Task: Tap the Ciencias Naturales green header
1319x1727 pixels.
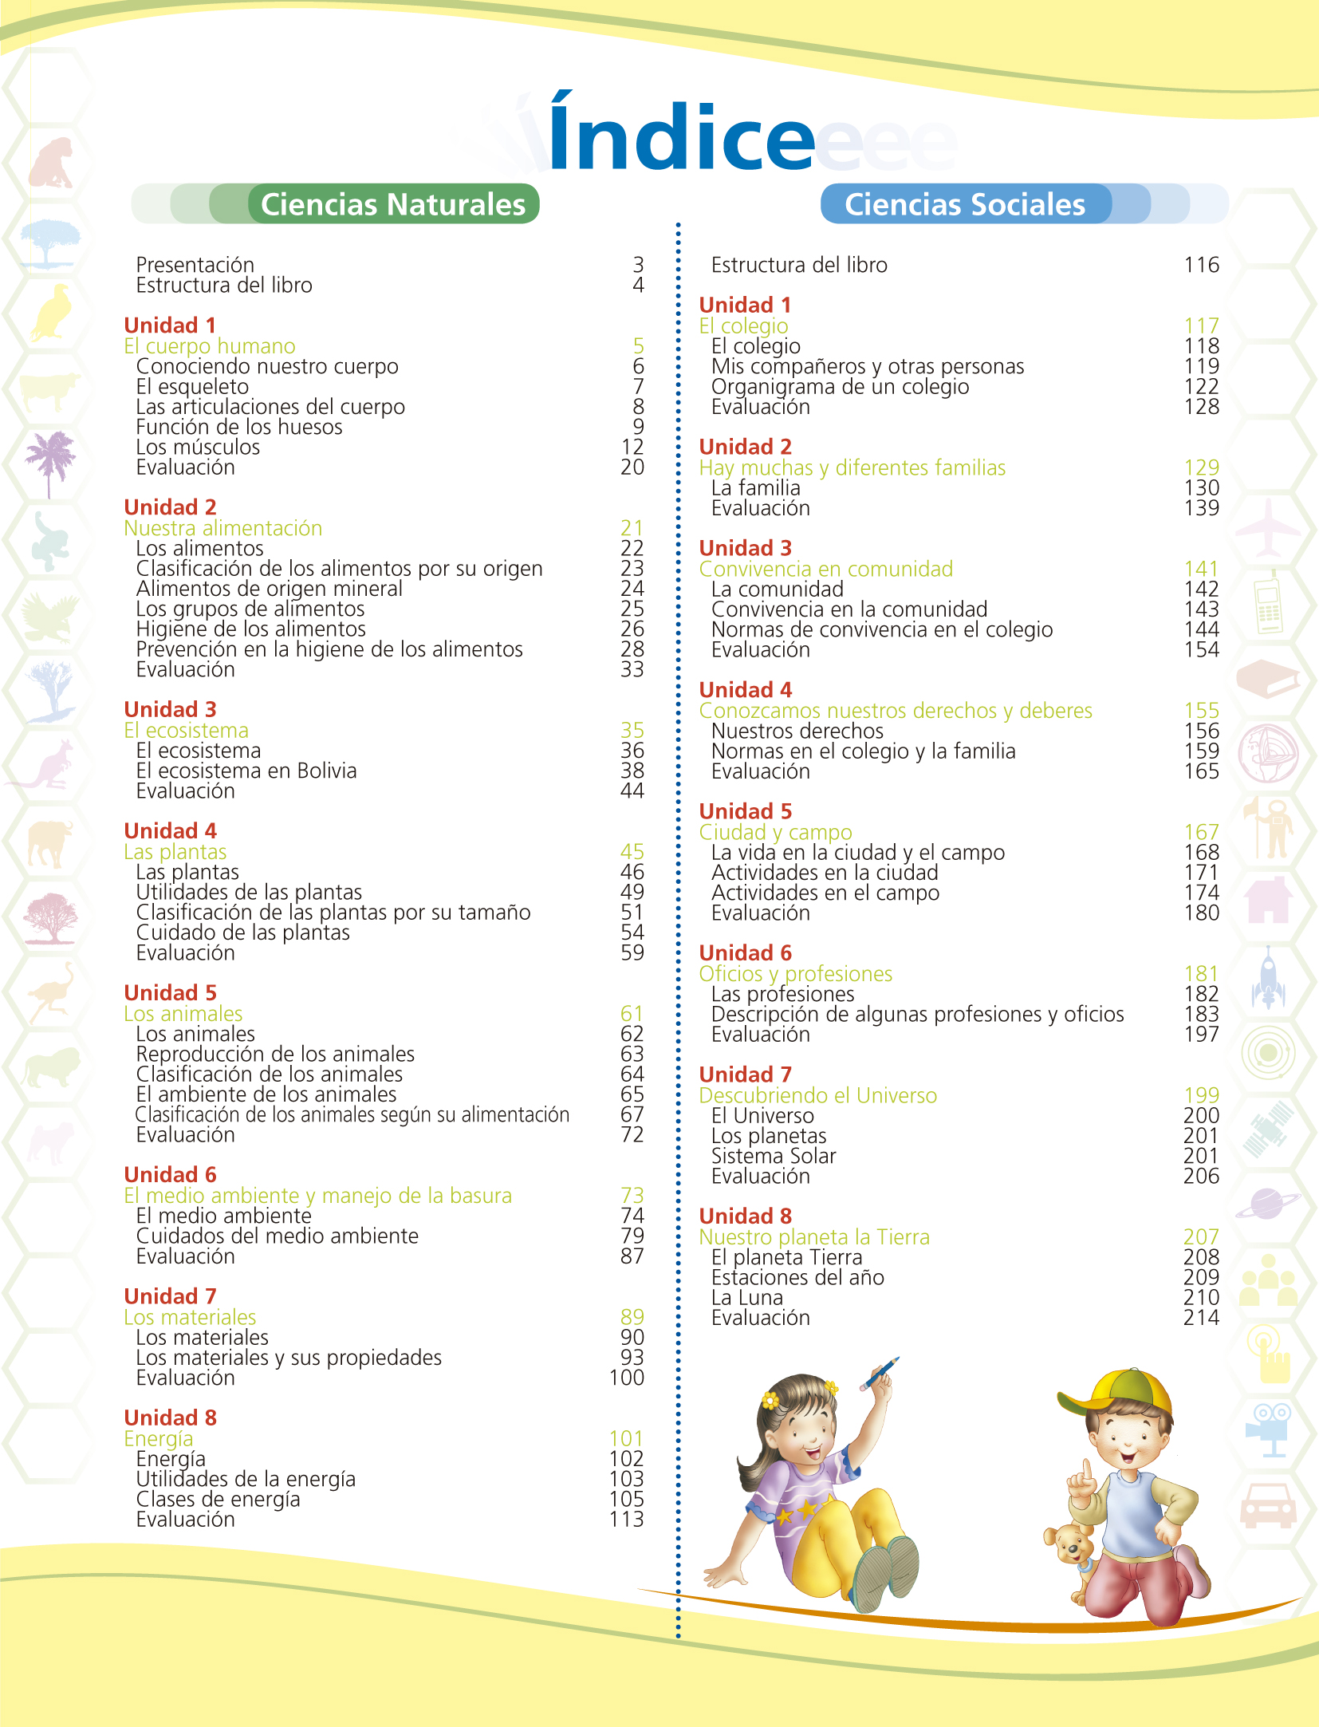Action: (393, 204)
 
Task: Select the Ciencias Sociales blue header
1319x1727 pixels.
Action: (965, 204)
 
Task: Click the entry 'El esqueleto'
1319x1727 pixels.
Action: (192, 387)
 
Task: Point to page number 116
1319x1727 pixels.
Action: (1201, 265)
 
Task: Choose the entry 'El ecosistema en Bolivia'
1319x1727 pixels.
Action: (246, 771)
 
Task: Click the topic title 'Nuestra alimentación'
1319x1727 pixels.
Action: (223, 528)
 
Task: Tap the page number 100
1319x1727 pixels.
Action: (627, 1378)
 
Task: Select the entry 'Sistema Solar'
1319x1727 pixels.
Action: (774, 1156)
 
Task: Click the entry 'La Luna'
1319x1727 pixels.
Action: (747, 1298)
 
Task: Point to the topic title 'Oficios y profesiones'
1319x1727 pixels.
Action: (796, 974)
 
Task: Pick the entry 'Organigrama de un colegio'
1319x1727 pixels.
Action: (841, 387)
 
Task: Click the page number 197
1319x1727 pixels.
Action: (1201, 1035)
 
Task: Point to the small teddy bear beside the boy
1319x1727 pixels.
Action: (1070, 1545)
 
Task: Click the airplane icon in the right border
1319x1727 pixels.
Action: (1268, 528)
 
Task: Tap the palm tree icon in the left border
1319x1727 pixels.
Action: (49, 460)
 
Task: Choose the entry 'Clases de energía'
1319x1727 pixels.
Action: (219, 1500)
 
